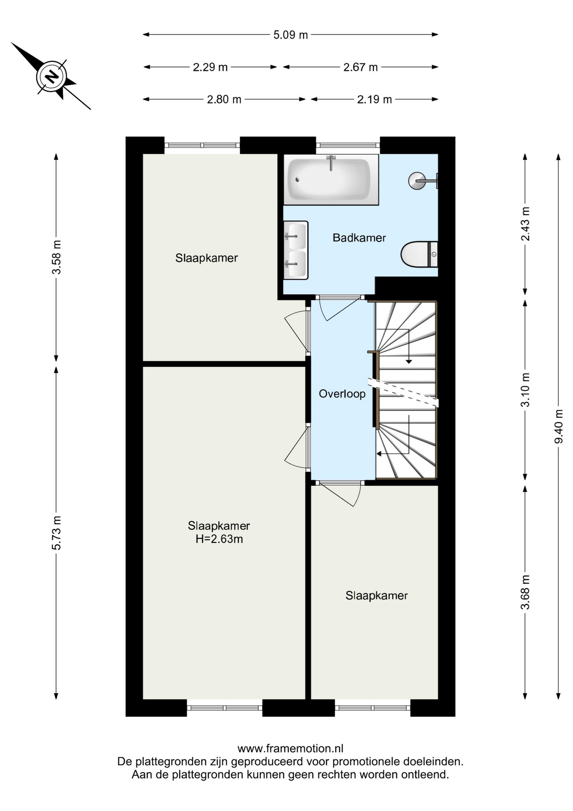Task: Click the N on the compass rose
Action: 52,76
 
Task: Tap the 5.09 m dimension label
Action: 291,35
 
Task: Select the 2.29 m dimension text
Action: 210,67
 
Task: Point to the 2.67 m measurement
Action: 360,67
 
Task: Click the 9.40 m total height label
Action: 559,426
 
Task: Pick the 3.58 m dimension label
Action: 57,257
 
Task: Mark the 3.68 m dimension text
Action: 525,592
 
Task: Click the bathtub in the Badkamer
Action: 331,180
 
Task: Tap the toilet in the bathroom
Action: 419,254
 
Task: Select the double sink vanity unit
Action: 295,250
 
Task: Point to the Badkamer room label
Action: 359,238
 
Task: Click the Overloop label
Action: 342,394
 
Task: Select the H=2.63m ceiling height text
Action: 219,539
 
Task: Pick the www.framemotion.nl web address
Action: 290,749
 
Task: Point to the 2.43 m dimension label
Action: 525,224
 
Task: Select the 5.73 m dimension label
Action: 57,533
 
